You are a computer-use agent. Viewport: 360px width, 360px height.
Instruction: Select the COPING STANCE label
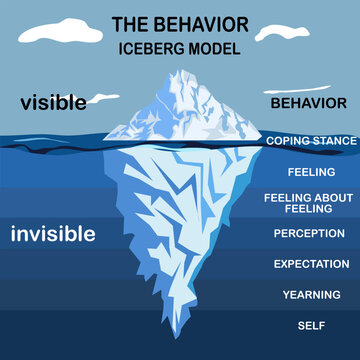(310, 141)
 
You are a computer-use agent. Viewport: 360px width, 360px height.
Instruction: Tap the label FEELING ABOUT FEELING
(309, 204)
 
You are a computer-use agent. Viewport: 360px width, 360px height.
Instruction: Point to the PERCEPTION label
(309, 233)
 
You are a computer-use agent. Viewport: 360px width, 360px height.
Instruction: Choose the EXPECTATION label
(309, 264)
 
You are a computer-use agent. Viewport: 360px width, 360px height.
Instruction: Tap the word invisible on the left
(53, 234)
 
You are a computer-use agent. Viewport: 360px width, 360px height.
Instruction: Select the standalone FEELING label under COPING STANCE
(309, 172)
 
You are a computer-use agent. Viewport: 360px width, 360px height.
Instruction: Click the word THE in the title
(130, 23)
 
